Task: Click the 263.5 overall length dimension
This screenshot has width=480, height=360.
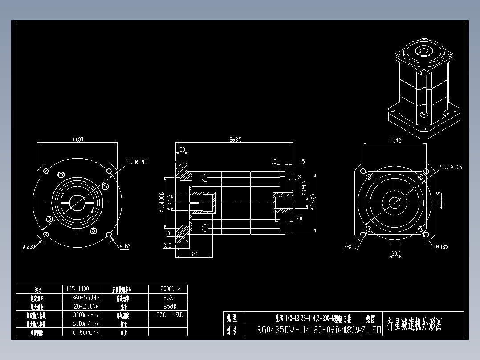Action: coord(235,139)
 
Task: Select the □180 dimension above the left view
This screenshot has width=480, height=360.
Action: coord(78,139)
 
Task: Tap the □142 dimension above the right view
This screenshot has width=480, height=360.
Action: coord(395,140)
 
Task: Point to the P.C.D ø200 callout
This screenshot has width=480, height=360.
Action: coord(136,162)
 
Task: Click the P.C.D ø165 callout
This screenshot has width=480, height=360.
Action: coord(450,167)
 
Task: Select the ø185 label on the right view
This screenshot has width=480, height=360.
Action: coord(442,247)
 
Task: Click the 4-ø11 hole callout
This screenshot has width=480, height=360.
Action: coord(351,246)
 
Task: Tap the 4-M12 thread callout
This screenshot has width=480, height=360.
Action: coord(124,246)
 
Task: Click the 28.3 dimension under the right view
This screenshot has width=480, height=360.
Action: coord(395,254)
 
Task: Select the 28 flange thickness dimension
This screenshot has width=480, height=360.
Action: coord(182,150)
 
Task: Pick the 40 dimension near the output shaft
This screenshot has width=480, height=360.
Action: coord(299,218)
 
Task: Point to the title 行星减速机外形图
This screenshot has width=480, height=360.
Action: coord(415,324)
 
